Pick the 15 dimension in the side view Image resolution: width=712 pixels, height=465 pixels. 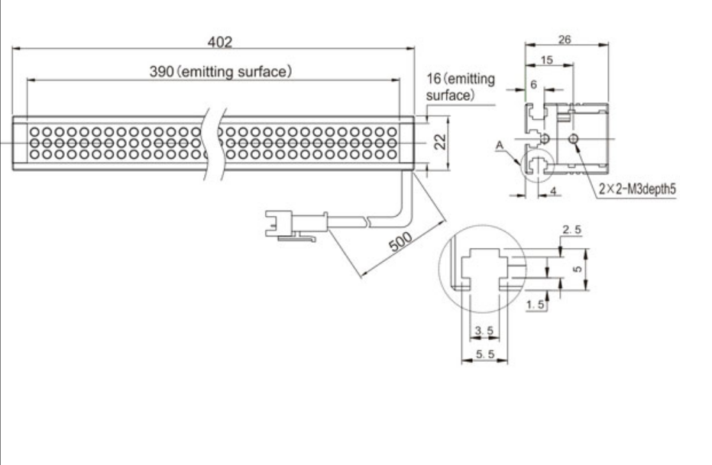(x=547, y=60)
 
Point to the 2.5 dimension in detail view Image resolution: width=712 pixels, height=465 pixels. (x=571, y=230)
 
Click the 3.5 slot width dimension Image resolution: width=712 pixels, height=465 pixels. (x=484, y=331)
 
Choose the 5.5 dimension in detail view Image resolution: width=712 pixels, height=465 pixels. (x=484, y=355)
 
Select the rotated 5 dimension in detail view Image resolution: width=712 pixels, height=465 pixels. (x=578, y=269)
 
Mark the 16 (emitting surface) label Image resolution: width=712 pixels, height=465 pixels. (x=460, y=87)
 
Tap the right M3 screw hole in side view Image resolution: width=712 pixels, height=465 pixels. (x=574, y=139)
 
